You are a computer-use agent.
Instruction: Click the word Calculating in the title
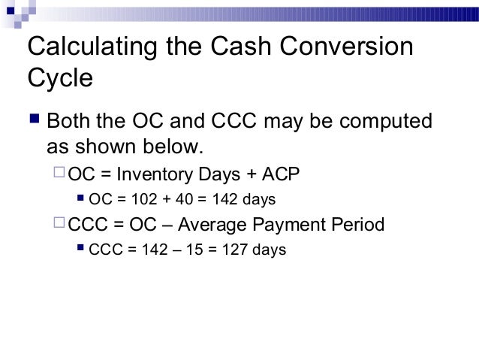[x=89, y=47]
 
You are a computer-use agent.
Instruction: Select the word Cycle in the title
[x=59, y=79]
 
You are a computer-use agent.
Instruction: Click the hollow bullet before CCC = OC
[x=59, y=225]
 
